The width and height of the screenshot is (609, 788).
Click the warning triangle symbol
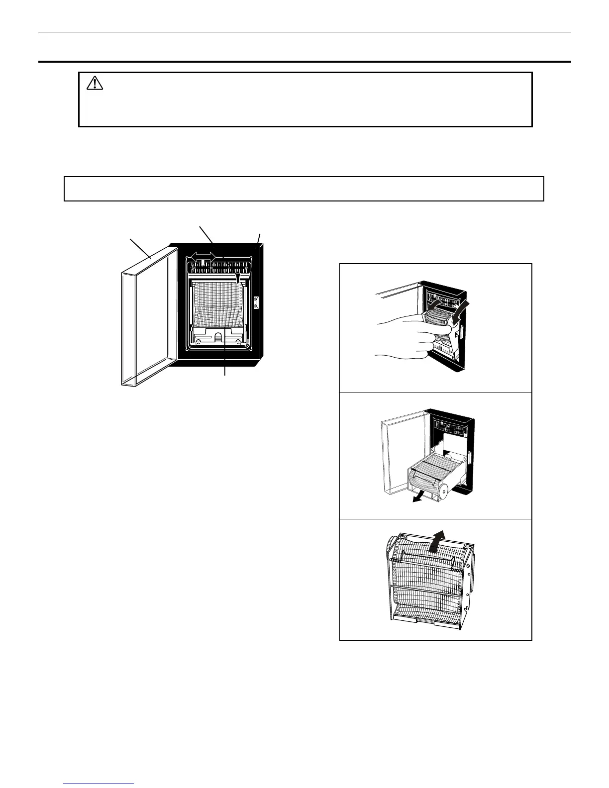[x=95, y=83]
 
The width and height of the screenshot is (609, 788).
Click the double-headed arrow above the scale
[x=203, y=255]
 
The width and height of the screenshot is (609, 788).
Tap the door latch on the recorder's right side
[x=256, y=303]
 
